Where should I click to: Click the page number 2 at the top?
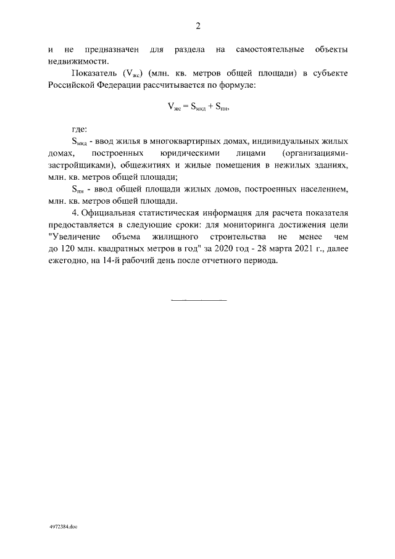coord(197,26)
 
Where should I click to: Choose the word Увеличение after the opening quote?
coord(73,237)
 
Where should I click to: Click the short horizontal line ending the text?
coord(197,300)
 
